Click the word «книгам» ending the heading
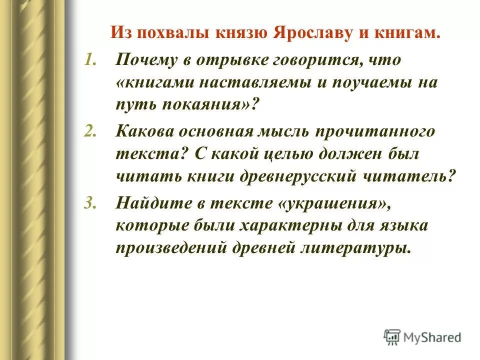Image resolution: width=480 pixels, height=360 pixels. coord(408,34)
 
